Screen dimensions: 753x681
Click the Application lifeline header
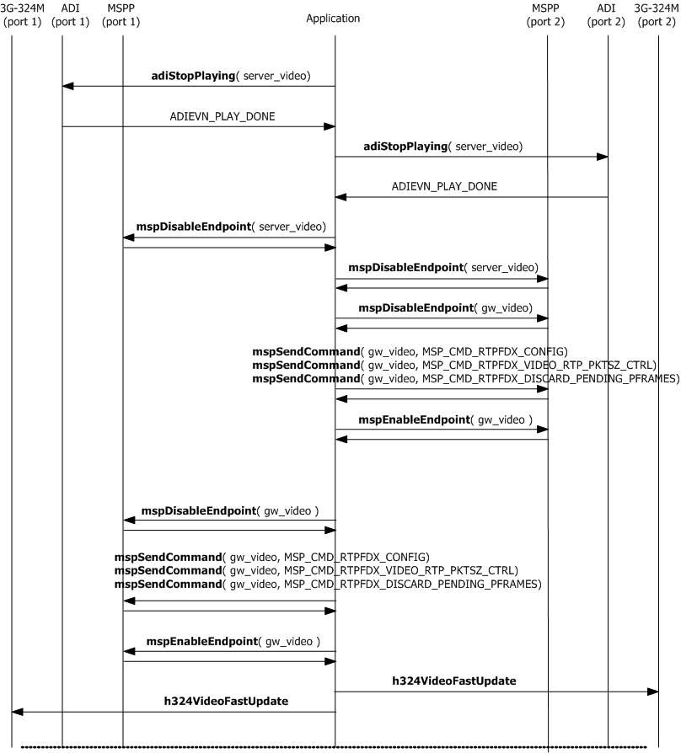pos(333,18)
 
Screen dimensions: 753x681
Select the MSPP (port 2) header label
pos(546,14)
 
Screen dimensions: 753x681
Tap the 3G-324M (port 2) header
pos(657,14)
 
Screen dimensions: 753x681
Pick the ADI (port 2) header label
pos(607,14)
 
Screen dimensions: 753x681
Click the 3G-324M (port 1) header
pos(21,14)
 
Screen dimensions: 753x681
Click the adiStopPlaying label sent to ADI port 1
pos(230,76)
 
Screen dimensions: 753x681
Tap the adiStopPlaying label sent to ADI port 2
pos(442,146)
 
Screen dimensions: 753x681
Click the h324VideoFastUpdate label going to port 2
pos(453,680)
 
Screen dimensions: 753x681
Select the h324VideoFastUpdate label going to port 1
pos(226,701)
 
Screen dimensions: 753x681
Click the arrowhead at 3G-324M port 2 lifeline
pos(652,692)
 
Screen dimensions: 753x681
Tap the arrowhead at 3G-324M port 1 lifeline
pos(18,712)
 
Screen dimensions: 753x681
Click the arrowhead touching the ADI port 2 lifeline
pos(602,156)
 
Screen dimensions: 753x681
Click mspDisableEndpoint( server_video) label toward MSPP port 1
pos(231,227)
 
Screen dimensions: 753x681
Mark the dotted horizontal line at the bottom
pos(333,746)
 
